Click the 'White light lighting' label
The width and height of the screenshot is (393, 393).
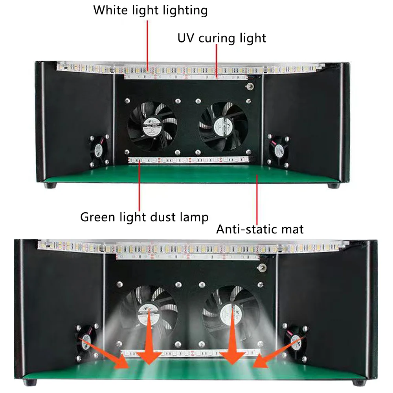click(x=151, y=10)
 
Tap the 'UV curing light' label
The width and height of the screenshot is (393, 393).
click(x=222, y=38)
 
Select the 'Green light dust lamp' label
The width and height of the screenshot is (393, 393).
click(x=144, y=217)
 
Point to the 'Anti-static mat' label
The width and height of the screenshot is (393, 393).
click(x=260, y=229)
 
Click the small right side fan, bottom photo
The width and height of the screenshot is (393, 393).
click(x=294, y=339)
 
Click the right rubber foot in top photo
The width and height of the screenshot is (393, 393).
click(x=333, y=185)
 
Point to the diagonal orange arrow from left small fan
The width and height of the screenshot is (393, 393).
click(x=106, y=354)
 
